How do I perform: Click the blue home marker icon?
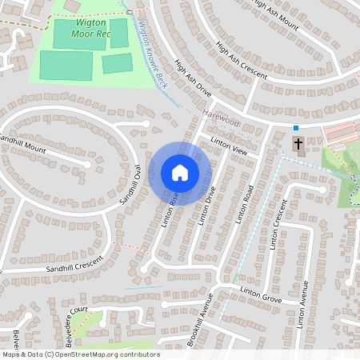tap(180, 173)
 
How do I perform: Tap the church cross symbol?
tap(298, 144)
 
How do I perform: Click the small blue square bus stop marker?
tap(295, 128)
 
